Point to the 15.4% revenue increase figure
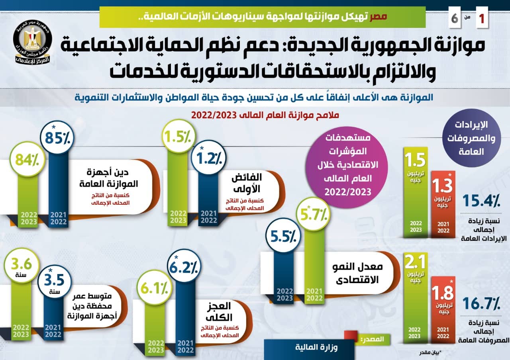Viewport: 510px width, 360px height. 481,200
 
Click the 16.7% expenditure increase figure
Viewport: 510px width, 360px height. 481,304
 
